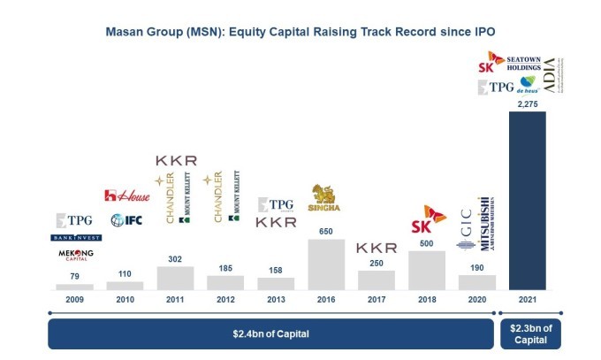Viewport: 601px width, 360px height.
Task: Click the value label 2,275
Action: click(528, 103)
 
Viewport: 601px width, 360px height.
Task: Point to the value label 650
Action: click(326, 231)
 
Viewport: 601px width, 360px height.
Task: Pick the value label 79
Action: click(74, 276)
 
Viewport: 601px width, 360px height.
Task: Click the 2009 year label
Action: click(74, 300)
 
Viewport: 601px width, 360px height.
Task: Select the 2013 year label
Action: click(276, 300)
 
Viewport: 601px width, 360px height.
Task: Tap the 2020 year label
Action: click(477, 300)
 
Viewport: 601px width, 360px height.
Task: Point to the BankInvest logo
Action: click(75, 237)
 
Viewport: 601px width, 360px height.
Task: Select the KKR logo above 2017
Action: click(377, 248)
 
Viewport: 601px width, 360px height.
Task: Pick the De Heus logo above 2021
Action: click(528, 87)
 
